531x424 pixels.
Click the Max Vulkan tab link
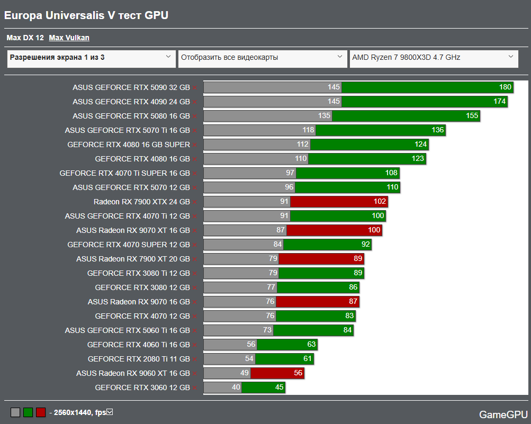tap(69, 38)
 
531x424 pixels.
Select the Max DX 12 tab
tap(25, 38)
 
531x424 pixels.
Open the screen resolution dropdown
tap(91, 58)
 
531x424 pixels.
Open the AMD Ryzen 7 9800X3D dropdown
tap(433, 58)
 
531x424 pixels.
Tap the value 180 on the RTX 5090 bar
tap(505, 87)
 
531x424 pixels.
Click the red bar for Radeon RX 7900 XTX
tap(339, 202)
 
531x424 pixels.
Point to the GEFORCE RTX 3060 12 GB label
tap(142, 387)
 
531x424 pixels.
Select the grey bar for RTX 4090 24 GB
tap(272, 102)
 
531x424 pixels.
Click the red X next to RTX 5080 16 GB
tap(194, 116)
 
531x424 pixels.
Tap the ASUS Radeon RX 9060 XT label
tap(133, 373)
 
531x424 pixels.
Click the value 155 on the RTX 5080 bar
tap(472, 116)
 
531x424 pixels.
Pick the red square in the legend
tap(41, 412)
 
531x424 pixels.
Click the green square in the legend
tap(28, 412)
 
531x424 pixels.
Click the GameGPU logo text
tap(503, 414)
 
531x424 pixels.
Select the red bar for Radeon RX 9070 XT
tap(334, 230)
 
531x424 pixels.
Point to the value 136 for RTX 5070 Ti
tap(437, 130)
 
